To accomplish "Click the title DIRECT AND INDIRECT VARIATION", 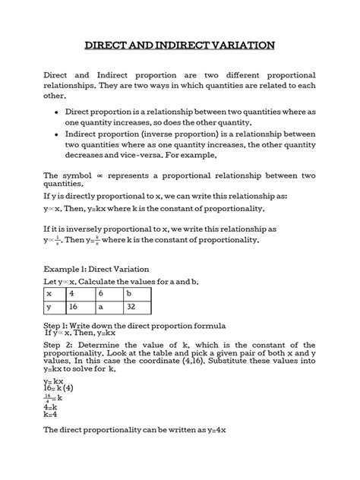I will point(179,46).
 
